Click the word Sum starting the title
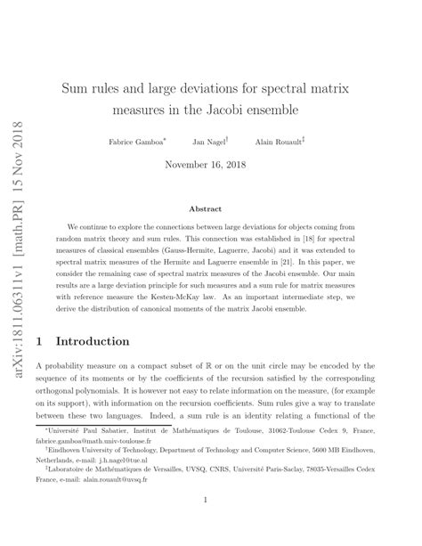(74, 89)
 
